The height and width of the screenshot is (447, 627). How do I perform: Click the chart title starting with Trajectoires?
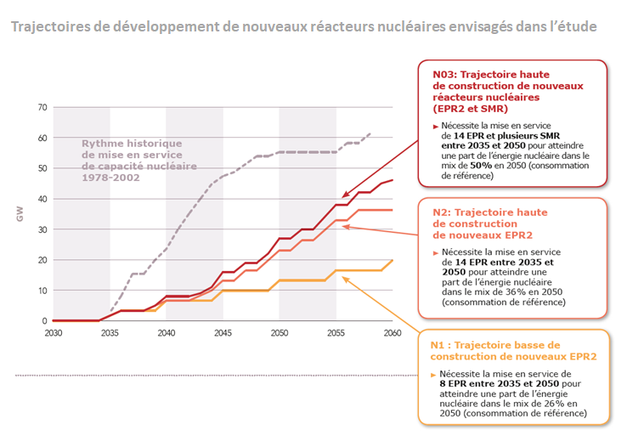pos(303,26)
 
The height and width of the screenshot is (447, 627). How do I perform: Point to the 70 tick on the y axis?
pos(42,107)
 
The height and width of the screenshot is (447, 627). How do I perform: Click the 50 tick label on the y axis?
pos(42,168)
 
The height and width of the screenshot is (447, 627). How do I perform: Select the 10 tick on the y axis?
pos(42,291)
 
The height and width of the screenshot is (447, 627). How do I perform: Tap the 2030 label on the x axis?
pos(54,332)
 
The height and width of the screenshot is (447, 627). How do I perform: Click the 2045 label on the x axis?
pos(223,332)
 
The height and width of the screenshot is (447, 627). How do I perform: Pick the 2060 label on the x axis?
pos(392,332)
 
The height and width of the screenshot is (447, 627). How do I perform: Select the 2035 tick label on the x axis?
pos(110,332)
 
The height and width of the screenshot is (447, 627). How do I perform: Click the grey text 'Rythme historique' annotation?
pos(126,143)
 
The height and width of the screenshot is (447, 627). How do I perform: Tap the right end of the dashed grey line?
pos(370,133)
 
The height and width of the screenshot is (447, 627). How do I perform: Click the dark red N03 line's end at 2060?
pos(392,180)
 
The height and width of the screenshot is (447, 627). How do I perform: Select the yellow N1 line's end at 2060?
pos(392,260)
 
